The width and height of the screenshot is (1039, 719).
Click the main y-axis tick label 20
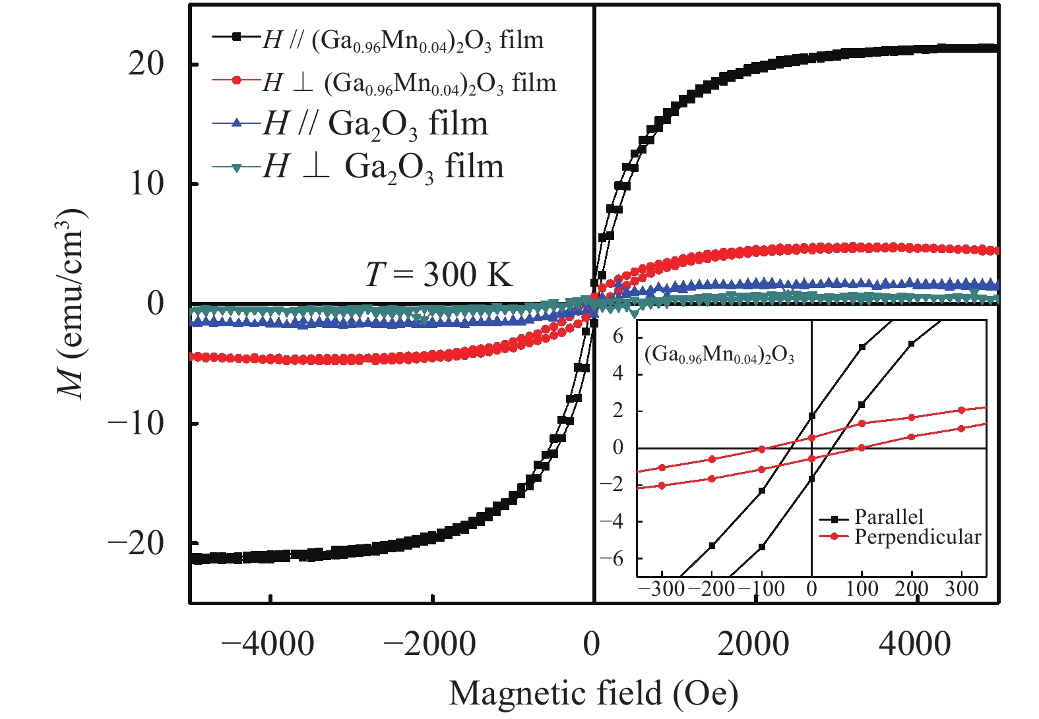click(x=146, y=65)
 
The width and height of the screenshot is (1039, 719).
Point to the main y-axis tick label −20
click(x=136, y=544)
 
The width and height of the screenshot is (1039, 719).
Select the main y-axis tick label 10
click(x=146, y=184)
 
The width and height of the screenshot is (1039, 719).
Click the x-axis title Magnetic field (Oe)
click(x=593, y=693)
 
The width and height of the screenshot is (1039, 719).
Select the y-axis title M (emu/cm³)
click(x=71, y=303)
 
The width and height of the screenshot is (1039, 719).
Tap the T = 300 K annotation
click(x=439, y=273)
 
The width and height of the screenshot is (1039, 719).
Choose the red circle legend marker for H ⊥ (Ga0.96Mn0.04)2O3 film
click(x=237, y=80)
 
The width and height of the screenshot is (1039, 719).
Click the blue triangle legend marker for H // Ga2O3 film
click(x=237, y=123)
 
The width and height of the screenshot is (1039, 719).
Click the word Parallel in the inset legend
click(x=889, y=517)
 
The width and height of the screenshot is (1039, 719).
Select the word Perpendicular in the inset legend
click(x=918, y=537)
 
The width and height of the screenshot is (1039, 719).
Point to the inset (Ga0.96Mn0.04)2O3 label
click(x=719, y=356)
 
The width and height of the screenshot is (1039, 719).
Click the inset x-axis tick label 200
click(x=911, y=589)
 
